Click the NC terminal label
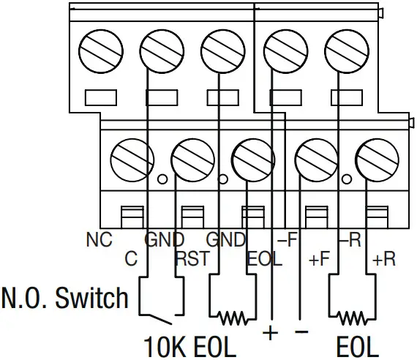click(x=100, y=240)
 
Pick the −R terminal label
click(x=349, y=240)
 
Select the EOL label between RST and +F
click(x=264, y=259)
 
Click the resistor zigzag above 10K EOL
click(x=233, y=317)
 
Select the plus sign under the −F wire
click(x=271, y=333)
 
